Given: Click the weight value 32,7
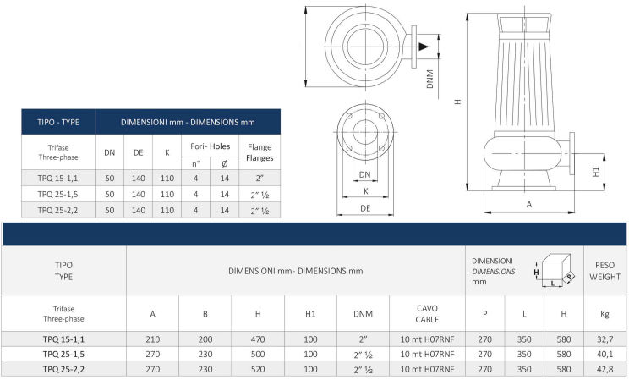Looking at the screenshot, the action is (x=604, y=339).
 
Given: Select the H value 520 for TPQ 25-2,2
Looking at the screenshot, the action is (x=258, y=369).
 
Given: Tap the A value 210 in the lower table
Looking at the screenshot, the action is (x=153, y=339).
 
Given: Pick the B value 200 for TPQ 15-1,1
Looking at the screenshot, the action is (x=205, y=339).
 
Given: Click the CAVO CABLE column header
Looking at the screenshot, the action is (x=427, y=314).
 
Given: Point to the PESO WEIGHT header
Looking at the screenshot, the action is (x=604, y=271).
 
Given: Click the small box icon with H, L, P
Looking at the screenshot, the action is (x=555, y=270).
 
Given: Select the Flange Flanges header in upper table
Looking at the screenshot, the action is (x=260, y=152).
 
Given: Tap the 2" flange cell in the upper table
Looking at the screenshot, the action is (x=260, y=178).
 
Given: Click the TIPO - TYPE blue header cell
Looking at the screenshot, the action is (x=58, y=122).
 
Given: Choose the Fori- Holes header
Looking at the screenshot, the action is (x=211, y=146).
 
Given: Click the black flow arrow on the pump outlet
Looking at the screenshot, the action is (x=424, y=47).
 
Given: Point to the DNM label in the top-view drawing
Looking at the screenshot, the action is (x=430, y=80).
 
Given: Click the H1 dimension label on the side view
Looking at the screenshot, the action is (x=596, y=172).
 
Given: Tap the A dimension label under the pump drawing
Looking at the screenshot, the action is (x=529, y=205).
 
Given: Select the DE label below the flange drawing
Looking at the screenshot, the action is (x=365, y=208).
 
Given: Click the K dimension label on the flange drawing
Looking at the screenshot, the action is (x=366, y=191).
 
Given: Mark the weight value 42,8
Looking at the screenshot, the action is (x=604, y=369).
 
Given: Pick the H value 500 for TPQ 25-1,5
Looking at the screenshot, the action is (x=258, y=355).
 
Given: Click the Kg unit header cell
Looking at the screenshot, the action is (x=604, y=314).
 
